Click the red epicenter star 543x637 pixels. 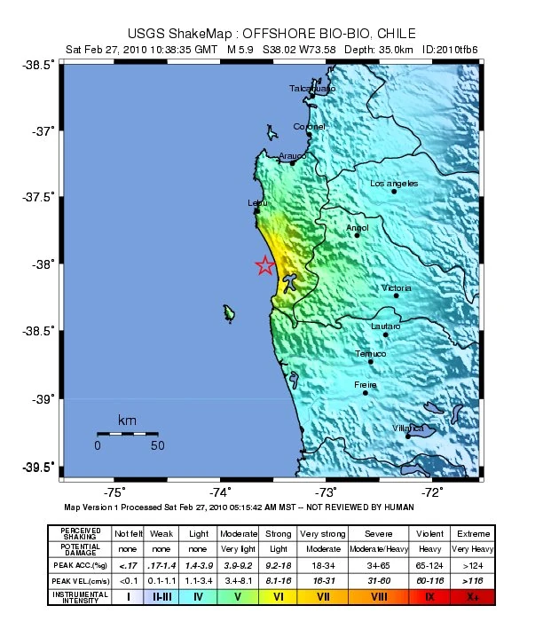pyautogui.click(x=264, y=266)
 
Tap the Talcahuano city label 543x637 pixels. pyautogui.click(x=312, y=89)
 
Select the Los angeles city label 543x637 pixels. pyautogui.click(x=394, y=184)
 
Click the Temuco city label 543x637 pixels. pyautogui.click(x=371, y=354)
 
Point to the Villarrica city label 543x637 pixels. pyautogui.click(x=408, y=429)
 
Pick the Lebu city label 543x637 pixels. pyautogui.click(x=256, y=203)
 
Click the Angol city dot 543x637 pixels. pyautogui.click(x=357, y=235)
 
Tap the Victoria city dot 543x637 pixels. pyautogui.click(x=396, y=295)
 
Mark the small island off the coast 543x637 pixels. pyautogui.click(x=230, y=312)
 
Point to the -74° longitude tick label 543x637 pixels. pyautogui.click(x=220, y=493)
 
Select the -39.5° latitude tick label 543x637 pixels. pyautogui.click(x=40, y=467)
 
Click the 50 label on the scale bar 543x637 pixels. pyautogui.click(x=157, y=446)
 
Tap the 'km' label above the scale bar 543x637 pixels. pyautogui.click(x=127, y=420)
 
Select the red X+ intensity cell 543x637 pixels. pyautogui.click(x=471, y=597)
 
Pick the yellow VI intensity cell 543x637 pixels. pyautogui.click(x=278, y=597)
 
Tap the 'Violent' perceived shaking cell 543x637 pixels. pyautogui.click(x=429, y=534)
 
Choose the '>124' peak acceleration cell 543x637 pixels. pyautogui.click(x=471, y=564)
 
